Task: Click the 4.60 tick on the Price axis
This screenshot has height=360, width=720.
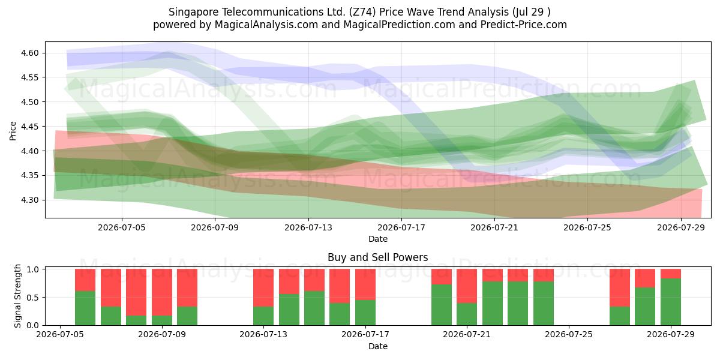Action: [x=29, y=53]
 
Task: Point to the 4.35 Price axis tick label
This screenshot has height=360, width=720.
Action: [x=29, y=175]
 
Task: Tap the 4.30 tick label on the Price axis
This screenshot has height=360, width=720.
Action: [x=29, y=200]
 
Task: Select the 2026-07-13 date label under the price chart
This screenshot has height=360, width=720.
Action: [x=308, y=227]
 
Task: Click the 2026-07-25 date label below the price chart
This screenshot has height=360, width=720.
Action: [x=587, y=227]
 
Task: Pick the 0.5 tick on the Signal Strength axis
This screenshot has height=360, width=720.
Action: [x=33, y=298]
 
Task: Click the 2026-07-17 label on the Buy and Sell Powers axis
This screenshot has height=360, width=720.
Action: [x=365, y=335]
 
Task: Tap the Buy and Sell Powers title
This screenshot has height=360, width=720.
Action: [x=377, y=257]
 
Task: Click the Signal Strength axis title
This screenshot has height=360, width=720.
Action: [x=17, y=296]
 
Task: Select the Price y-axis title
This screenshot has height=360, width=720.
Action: [x=13, y=131]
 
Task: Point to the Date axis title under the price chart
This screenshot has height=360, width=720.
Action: [x=377, y=239]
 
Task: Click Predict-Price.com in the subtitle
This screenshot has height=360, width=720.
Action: [x=524, y=25]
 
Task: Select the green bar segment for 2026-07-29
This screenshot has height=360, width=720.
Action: [x=671, y=302]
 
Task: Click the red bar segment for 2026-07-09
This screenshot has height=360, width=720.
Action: [x=161, y=292]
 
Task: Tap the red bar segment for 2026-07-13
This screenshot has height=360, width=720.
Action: [x=263, y=287]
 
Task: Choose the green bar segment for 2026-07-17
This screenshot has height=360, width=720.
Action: [x=365, y=313]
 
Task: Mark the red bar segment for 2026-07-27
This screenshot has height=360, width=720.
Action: [x=620, y=287]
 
